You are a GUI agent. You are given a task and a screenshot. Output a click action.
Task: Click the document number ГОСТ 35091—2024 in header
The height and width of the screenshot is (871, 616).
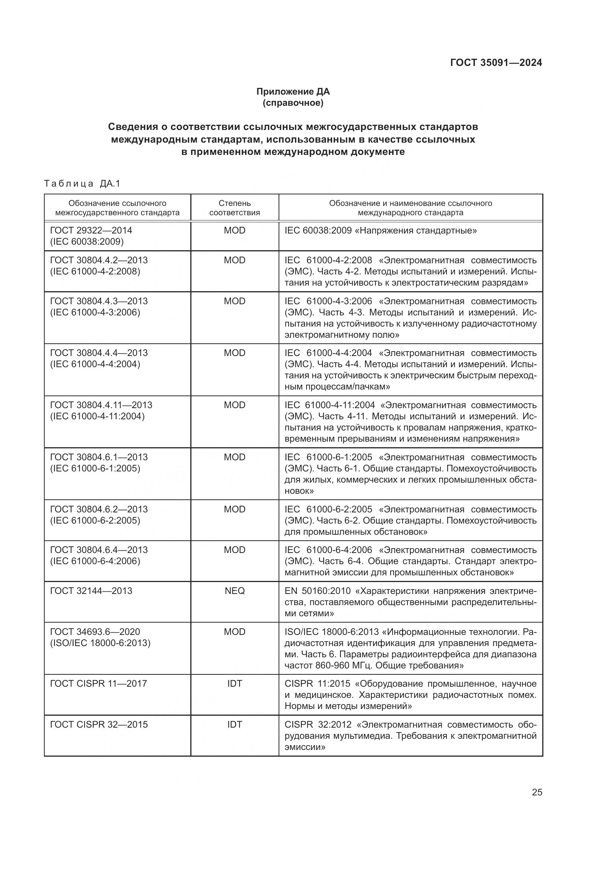coord(496,63)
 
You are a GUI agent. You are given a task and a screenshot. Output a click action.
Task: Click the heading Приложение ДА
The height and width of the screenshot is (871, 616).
coord(293,92)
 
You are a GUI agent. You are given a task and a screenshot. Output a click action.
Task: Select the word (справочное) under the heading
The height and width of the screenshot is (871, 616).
coord(293,103)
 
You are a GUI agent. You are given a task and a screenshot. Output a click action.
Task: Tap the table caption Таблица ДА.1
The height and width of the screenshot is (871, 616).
coord(82,184)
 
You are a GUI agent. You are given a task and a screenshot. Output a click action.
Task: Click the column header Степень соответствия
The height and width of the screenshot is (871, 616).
coord(234,207)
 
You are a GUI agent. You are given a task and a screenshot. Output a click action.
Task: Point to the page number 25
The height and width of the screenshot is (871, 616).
coord(537,792)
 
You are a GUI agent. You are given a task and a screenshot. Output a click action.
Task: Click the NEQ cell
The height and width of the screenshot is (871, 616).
coord(234,591)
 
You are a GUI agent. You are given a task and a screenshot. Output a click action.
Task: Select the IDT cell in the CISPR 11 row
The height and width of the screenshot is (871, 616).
coord(234,683)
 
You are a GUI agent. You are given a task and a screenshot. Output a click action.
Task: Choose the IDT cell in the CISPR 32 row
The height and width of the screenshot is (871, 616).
coord(234,724)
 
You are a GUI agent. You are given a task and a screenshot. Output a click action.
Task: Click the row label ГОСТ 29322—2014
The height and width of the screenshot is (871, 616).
coord(91,230)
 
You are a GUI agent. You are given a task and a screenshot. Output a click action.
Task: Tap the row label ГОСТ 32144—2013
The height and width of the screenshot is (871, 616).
coord(91,591)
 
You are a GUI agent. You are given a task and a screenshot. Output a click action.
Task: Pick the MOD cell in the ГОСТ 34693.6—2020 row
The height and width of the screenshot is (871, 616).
coord(234,632)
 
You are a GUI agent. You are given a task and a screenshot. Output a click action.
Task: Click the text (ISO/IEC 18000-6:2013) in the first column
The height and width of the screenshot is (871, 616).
coord(100,643)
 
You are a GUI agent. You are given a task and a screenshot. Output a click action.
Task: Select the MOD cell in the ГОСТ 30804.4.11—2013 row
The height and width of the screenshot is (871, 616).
coord(234,405)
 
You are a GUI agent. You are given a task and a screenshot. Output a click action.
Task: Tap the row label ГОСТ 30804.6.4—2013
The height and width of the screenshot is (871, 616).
coord(99,550)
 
